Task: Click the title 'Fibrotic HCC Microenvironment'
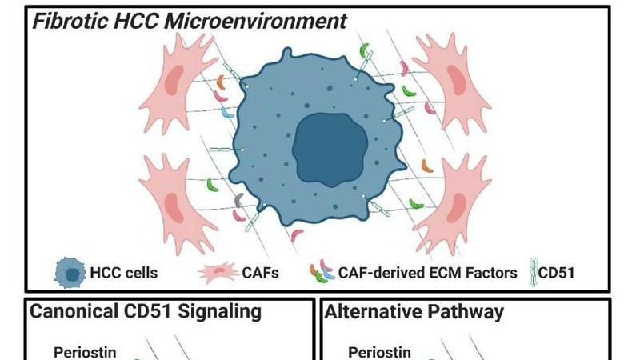click(189, 22)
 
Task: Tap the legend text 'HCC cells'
click(125, 274)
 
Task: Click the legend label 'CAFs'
click(261, 274)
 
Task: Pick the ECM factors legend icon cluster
click(322, 273)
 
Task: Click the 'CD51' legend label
click(557, 274)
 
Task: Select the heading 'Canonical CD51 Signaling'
click(146, 311)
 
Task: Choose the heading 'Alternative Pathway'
click(414, 311)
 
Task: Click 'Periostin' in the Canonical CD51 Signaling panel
click(86, 351)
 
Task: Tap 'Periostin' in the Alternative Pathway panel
click(380, 351)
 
